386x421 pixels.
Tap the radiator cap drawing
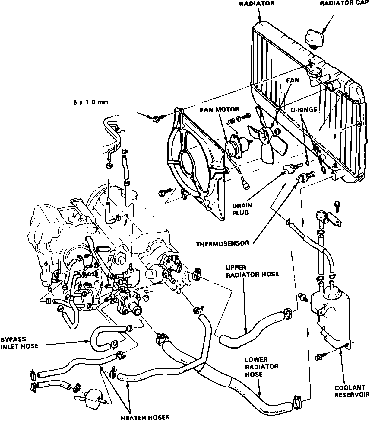(315, 38)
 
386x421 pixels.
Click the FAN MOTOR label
(220, 109)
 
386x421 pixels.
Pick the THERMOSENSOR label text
(223, 243)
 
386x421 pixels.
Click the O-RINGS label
(304, 109)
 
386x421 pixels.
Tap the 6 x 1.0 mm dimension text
(90, 102)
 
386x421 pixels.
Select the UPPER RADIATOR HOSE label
(252, 271)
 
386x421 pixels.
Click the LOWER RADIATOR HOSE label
(261, 367)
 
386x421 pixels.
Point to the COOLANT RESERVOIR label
(352, 391)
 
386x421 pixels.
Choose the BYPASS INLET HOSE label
(19, 342)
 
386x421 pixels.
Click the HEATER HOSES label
(145, 418)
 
